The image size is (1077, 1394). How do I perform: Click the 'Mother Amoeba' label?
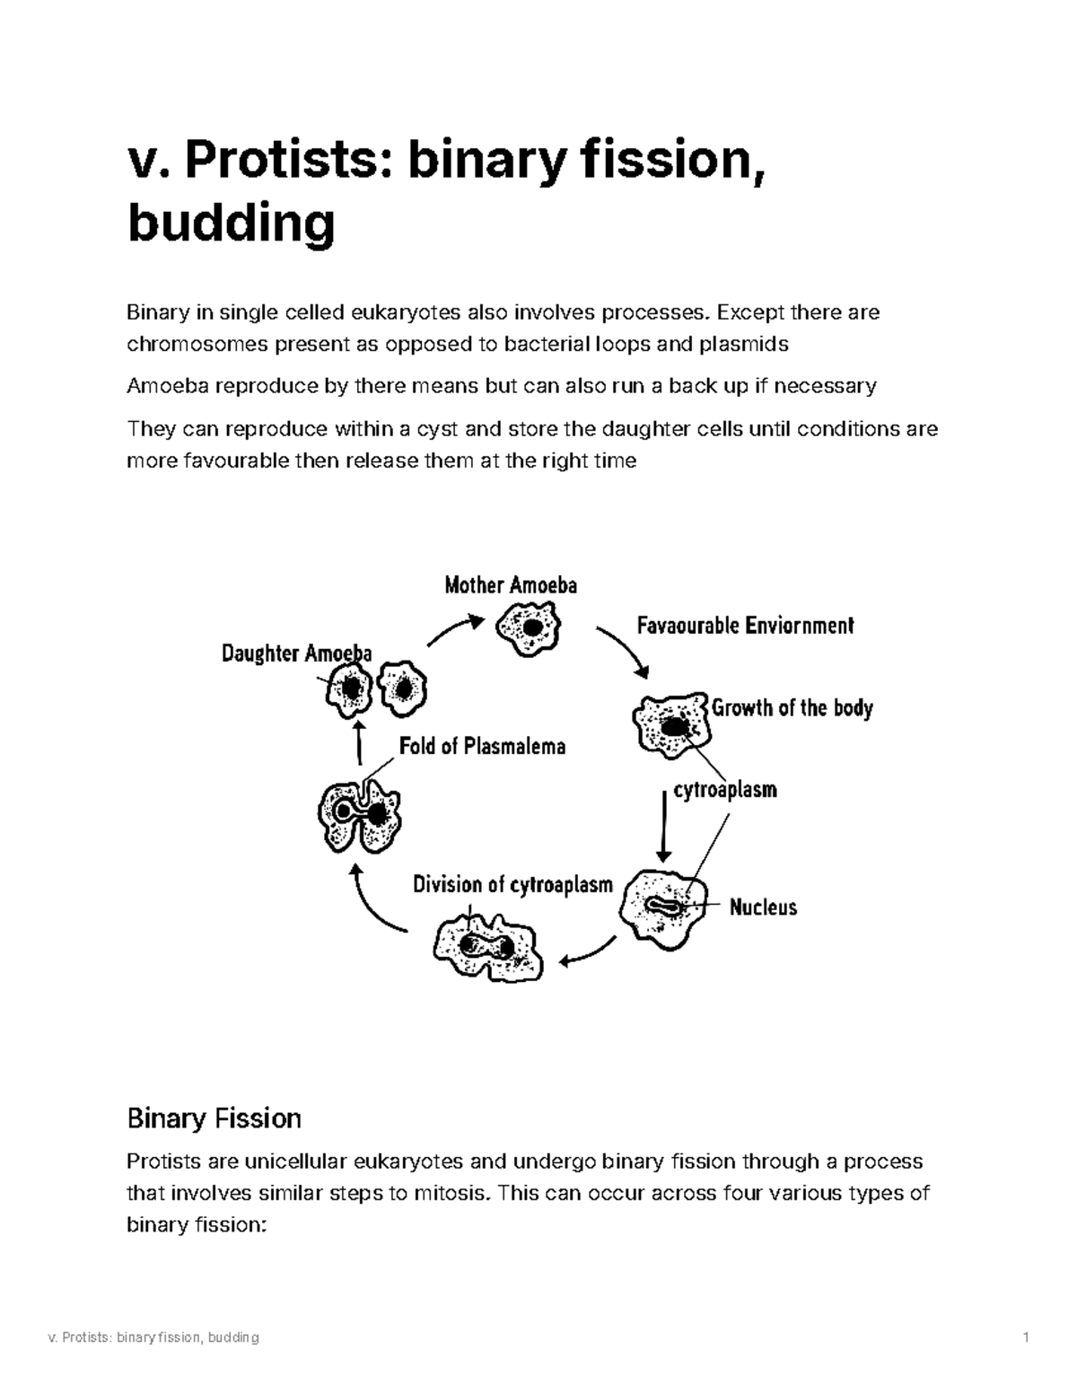pyautogui.click(x=511, y=586)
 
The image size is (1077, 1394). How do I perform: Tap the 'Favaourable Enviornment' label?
pyautogui.click(x=745, y=626)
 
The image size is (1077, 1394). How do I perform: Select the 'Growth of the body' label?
pyautogui.click(x=792, y=708)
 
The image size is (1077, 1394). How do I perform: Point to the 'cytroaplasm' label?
pyautogui.click(x=725, y=790)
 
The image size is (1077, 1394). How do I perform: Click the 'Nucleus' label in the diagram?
pyautogui.click(x=763, y=907)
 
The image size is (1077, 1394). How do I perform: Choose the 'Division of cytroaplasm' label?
pyautogui.click(x=512, y=885)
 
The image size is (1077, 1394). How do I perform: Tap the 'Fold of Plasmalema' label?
pyautogui.click(x=482, y=746)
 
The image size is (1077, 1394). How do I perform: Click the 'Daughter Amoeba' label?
pyautogui.click(x=296, y=653)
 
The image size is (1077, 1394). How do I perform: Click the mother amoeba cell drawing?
pyautogui.click(x=530, y=627)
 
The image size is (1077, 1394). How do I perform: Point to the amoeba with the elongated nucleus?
pyautogui.click(x=665, y=907)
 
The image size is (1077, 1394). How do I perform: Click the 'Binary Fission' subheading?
pyautogui.click(x=214, y=1118)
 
